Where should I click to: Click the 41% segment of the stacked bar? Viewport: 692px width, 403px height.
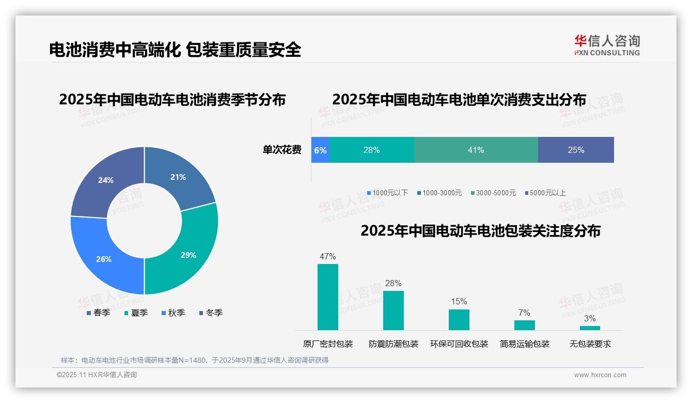tap(476, 150)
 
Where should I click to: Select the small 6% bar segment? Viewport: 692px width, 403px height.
tap(320, 150)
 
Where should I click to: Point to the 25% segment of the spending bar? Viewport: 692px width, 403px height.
tap(576, 150)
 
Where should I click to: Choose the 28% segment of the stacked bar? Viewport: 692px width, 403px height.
tap(371, 150)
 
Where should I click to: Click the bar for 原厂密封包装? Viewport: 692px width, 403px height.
tap(328, 297)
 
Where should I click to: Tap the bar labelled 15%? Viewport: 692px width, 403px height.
tap(459, 320)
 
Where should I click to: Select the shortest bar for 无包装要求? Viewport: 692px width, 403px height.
tap(590, 328)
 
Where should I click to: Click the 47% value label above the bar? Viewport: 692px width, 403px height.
tap(328, 256)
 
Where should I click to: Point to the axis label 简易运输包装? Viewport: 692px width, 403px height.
tap(525, 344)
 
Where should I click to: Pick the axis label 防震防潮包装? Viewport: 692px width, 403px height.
tap(394, 344)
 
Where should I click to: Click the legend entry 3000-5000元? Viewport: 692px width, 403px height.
tap(495, 193)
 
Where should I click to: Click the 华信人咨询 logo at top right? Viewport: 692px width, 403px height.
tap(607, 45)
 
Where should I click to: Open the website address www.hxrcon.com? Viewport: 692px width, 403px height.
tap(600, 375)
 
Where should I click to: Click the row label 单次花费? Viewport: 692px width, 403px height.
tap(282, 150)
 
